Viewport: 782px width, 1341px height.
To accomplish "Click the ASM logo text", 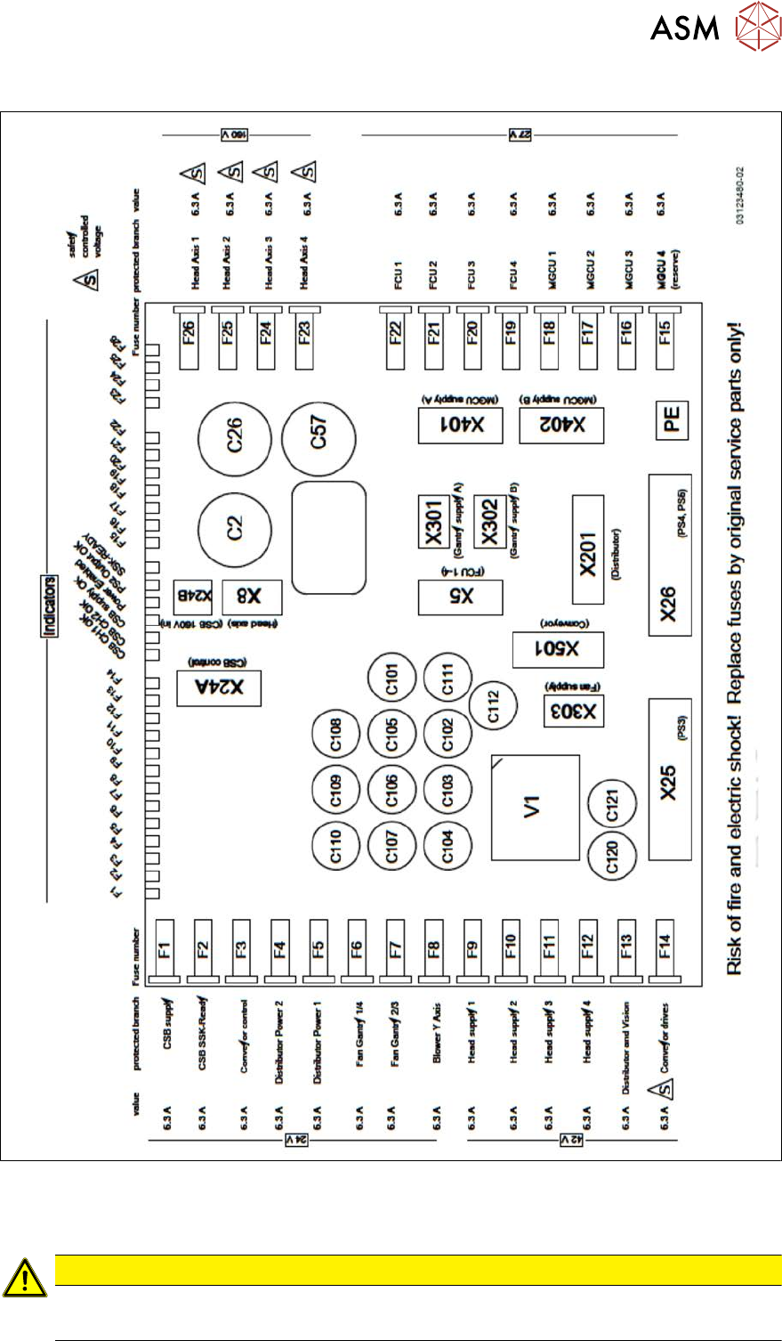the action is pyautogui.click(x=684, y=28).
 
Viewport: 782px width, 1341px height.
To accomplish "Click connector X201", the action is pyautogui.click(x=588, y=549).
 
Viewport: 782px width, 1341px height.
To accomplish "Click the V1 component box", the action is pyautogui.click(x=534, y=808).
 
